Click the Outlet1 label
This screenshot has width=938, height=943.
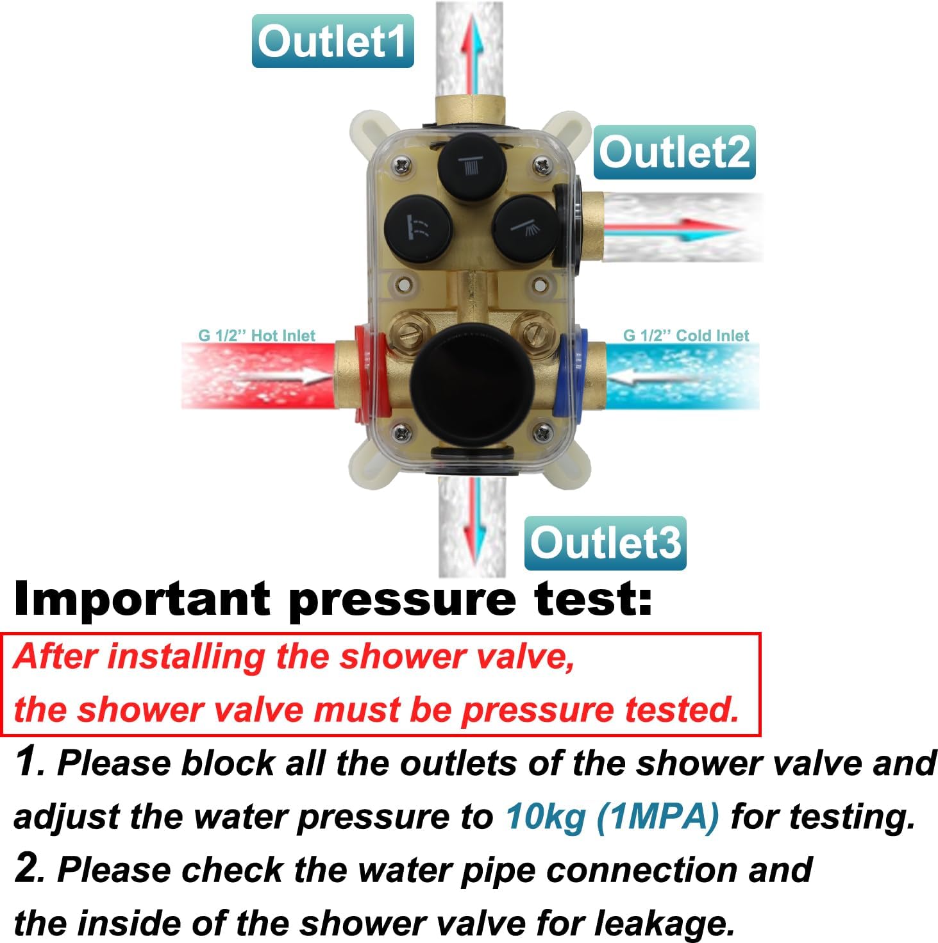[332, 41]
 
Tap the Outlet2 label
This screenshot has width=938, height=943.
[674, 153]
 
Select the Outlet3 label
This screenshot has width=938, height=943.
[605, 543]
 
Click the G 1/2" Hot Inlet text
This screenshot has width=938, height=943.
[256, 335]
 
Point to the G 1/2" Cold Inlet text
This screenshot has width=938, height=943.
[685, 335]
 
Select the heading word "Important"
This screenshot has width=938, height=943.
[142, 600]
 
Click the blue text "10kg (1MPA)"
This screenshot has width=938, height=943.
[612, 817]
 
